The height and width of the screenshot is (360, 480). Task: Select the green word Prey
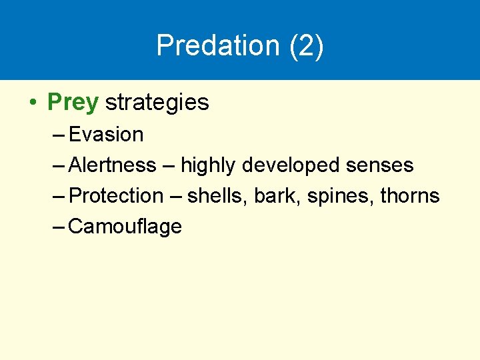pos(73,102)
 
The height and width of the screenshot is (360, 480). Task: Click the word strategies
pos(157,102)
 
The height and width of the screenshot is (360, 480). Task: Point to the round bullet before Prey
pos(32,103)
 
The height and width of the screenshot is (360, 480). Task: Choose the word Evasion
pos(106,135)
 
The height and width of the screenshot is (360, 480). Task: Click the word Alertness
pos(112,165)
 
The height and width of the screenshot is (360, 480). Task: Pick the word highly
pos(208,165)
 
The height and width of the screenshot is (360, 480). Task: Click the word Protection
pos(116,196)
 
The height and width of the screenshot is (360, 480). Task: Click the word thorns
pos(409,196)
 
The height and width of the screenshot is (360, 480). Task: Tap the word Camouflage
pos(125,227)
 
